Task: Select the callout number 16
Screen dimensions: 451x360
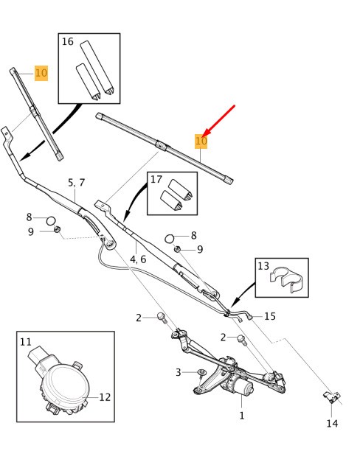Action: [x=68, y=42]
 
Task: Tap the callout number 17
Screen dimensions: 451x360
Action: [x=156, y=179]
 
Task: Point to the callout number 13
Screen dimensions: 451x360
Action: [x=263, y=265]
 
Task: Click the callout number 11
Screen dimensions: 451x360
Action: [x=26, y=342]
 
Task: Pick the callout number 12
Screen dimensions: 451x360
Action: [x=105, y=397]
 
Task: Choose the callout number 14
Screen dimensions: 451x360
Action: [x=331, y=423]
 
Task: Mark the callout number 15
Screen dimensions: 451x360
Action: [x=270, y=316]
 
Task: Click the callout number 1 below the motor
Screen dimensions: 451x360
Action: [x=240, y=416]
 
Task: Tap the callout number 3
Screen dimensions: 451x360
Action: [x=178, y=373]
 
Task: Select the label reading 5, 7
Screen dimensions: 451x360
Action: [x=77, y=182]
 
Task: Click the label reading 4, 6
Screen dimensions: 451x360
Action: [x=138, y=259]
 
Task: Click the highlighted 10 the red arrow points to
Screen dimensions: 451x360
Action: [x=201, y=141]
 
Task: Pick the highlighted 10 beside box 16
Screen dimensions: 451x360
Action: [x=41, y=73]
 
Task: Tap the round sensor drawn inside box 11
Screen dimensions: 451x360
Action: [x=61, y=383]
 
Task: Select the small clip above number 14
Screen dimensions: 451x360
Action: [x=331, y=397]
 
